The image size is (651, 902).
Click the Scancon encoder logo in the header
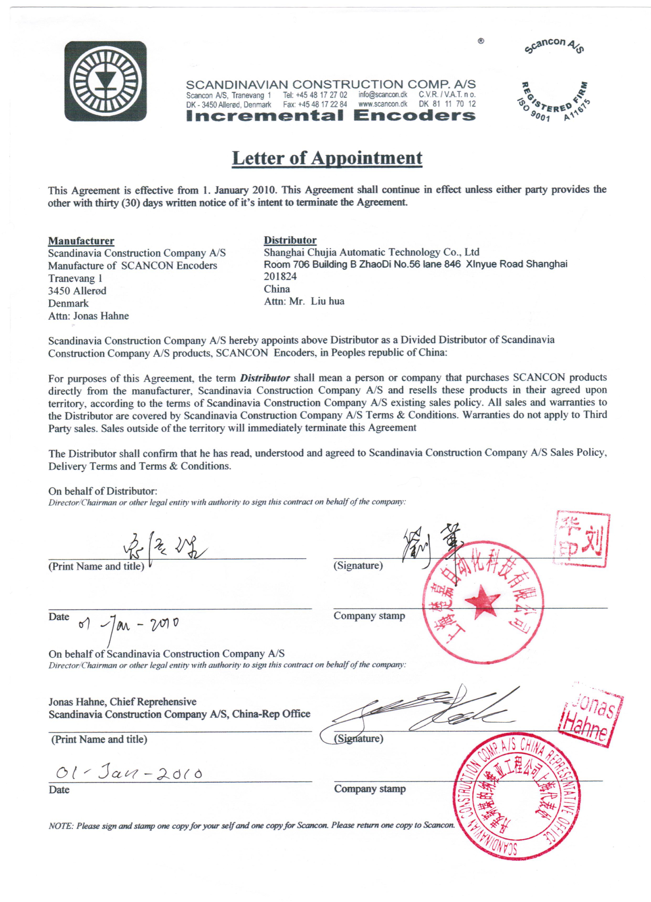(105, 81)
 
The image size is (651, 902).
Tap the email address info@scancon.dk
(383, 95)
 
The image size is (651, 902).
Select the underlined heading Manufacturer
(81, 241)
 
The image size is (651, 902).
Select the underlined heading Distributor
(290, 240)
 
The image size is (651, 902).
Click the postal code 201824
(280, 276)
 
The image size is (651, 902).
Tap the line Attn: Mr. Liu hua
(304, 301)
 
